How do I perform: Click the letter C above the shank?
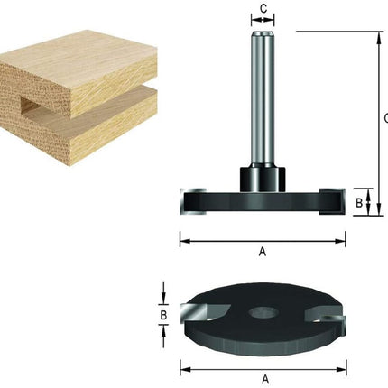(263, 9)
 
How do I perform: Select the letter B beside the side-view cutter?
(359, 203)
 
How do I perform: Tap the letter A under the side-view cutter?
(263, 251)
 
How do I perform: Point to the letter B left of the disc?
(163, 316)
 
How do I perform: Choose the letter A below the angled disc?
(265, 379)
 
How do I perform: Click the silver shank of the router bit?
(263, 99)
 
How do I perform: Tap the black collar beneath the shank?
(263, 180)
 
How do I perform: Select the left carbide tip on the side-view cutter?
(192, 201)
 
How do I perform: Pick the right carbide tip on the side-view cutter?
(332, 201)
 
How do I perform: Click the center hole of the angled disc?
(261, 313)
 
